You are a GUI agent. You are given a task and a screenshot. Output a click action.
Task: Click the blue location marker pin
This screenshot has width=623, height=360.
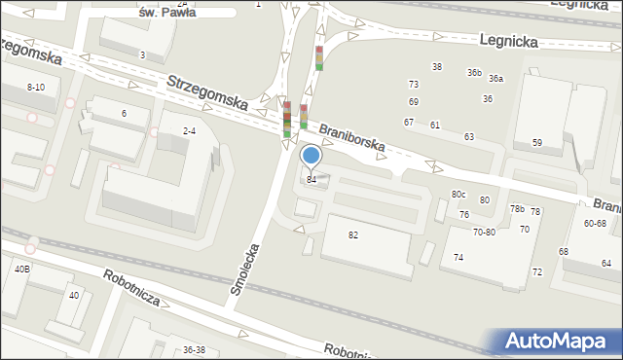311,156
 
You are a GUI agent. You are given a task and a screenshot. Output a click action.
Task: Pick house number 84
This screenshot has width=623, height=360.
311,179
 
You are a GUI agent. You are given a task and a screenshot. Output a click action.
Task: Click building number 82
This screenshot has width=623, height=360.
353,234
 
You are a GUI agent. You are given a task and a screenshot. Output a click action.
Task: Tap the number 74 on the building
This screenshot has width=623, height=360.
458,257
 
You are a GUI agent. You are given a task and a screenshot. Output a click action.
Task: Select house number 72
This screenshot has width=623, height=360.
537,271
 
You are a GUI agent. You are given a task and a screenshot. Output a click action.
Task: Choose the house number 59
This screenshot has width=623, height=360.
536,143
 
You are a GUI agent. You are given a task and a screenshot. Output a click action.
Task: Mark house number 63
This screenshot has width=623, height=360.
469,136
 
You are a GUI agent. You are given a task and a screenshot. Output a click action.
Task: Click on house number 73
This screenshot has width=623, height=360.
414,85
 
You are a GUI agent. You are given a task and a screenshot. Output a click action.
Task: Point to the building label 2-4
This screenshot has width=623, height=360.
189,130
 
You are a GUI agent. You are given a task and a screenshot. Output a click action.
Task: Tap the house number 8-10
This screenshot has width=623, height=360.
35,87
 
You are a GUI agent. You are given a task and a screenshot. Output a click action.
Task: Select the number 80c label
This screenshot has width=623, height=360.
458,195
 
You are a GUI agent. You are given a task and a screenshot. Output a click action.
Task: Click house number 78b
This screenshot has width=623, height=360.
518,208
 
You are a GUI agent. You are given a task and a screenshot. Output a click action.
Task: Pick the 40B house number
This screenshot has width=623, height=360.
21,269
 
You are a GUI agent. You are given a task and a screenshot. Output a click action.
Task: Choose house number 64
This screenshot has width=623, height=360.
606,263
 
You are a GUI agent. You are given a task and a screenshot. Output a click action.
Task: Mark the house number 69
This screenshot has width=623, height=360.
414,101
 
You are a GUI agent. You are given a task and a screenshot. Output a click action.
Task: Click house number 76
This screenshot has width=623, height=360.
464,214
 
